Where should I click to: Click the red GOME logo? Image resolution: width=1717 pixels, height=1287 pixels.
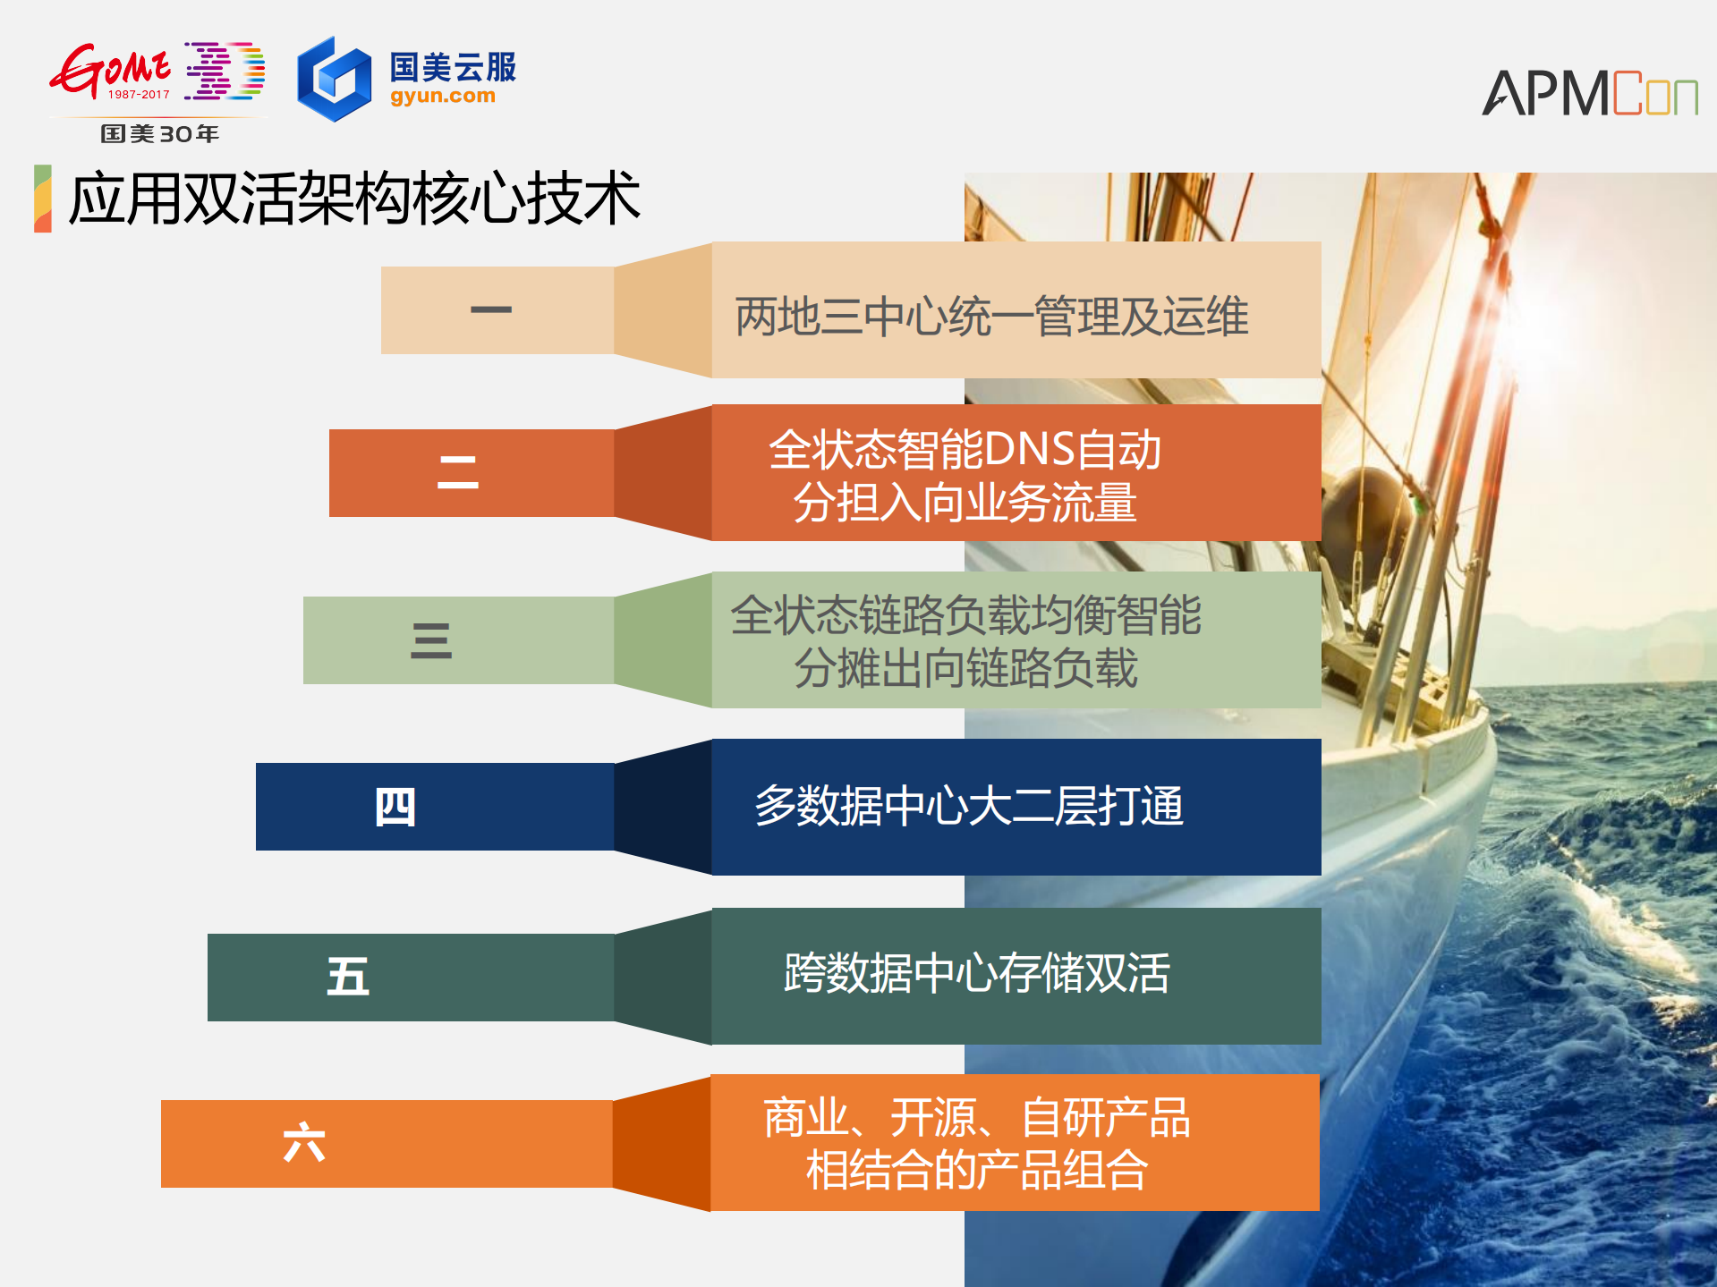click(x=109, y=70)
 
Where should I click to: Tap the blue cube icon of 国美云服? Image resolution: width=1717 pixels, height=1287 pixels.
click(x=334, y=80)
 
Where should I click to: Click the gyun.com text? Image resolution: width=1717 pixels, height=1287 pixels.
click(x=442, y=96)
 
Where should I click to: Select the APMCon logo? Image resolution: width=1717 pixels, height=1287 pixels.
click(x=1589, y=93)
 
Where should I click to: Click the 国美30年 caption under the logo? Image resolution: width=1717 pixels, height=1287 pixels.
click(x=160, y=134)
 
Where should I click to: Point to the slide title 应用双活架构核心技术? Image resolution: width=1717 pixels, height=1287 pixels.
click(x=354, y=199)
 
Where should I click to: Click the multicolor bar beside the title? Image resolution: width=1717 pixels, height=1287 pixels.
click(x=42, y=199)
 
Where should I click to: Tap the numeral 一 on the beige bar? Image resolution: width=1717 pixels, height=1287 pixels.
click(x=490, y=309)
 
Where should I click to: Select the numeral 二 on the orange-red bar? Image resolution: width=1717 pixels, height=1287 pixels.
click(x=457, y=472)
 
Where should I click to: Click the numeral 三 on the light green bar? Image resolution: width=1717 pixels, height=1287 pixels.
click(x=430, y=640)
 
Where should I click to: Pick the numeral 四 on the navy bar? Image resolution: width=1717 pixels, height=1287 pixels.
click(x=395, y=807)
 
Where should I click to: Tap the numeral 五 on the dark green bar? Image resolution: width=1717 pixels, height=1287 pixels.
click(x=347, y=977)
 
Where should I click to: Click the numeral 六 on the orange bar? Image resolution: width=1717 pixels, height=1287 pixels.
click(x=303, y=1143)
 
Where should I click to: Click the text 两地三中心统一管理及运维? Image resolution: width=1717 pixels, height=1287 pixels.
click(x=991, y=317)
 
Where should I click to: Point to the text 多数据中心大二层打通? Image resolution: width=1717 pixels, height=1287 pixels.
click(x=969, y=806)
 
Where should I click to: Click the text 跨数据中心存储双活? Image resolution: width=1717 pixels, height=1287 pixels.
click(x=976, y=973)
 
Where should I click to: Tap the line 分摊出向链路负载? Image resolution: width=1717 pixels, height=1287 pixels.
click(x=965, y=668)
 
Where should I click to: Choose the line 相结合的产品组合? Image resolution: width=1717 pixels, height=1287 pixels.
click(x=976, y=1170)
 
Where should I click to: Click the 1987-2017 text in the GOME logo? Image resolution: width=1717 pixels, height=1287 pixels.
click(x=139, y=95)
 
